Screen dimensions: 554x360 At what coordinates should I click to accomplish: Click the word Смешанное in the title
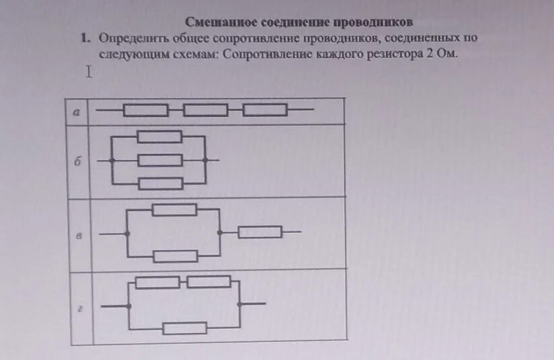point(213,22)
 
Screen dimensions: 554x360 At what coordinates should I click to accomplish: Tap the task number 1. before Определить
point(85,39)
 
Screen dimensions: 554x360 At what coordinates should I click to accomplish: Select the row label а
point(76,114)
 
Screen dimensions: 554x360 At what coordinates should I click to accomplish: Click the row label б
point(78,161)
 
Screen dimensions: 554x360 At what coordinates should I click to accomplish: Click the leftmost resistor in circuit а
point(145,110)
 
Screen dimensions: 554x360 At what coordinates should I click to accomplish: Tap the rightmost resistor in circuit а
point(265,110)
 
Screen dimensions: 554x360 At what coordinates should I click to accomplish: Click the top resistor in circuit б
point(159,137)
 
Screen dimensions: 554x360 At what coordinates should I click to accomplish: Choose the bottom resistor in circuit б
point(159,183)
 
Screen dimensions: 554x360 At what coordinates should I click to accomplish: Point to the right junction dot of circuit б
point(206,160)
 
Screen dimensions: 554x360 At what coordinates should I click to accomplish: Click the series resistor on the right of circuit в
point(260,232)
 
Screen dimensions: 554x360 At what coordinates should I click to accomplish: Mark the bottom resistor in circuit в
point(175,256)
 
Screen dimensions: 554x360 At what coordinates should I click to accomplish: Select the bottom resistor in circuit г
point(185,328)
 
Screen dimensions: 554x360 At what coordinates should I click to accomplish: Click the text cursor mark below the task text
point(87,72)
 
